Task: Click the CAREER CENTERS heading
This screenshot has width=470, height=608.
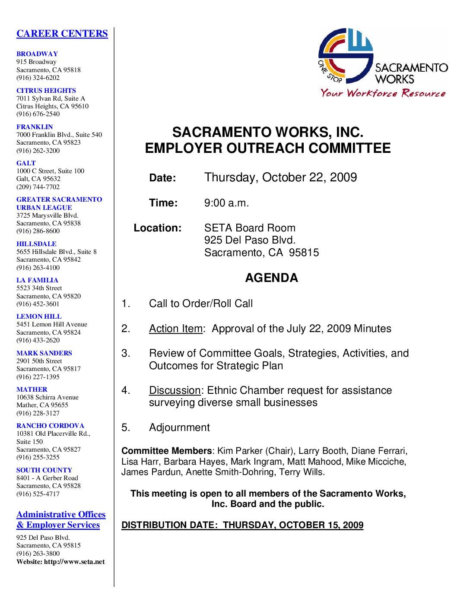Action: [x=62, y=34]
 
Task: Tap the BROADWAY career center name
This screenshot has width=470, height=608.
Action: [x=37, y=54]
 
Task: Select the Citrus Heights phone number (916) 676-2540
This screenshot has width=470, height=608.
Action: [x=38, y=114]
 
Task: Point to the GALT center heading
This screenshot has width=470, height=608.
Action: [x=26, y=163]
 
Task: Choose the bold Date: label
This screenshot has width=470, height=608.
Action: [x=162, y=178]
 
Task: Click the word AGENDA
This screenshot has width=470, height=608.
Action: [x=271, y=278]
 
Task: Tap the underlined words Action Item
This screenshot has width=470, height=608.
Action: [x=175, y=329]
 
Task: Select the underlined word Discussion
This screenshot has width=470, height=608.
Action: [x=175, y=390]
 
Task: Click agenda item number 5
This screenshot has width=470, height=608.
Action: [x=126, y=427]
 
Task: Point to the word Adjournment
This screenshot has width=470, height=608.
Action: [x=179, y=427]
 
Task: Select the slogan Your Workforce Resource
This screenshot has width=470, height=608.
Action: [x=383, y=93]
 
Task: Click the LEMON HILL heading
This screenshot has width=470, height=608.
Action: [x=39, y=317]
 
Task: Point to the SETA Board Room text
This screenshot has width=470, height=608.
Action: [x=250, y=228]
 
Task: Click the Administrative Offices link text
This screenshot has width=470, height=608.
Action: [x=61, y=515]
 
